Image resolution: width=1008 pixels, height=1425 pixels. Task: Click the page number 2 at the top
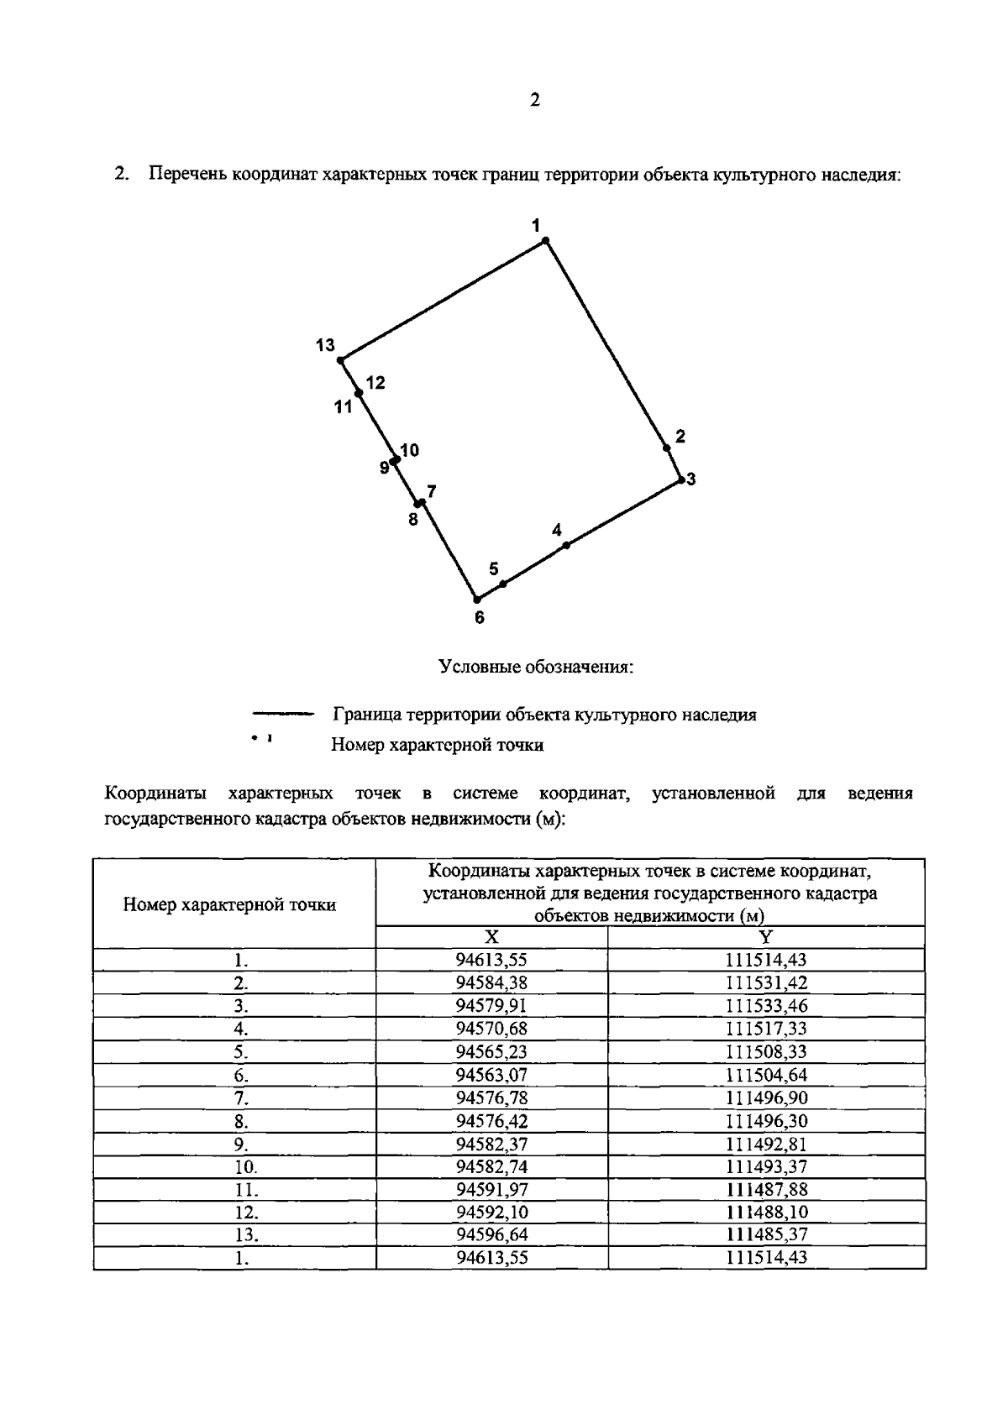point(535,101)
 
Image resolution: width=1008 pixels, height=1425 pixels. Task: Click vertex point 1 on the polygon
point(545,241)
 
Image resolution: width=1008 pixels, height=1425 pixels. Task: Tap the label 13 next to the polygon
point(325,345)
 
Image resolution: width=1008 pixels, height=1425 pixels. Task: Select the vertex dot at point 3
point(681,480)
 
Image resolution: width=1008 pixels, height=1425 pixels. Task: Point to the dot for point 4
point(566,545)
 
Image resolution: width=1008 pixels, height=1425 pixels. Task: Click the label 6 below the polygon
point(479,618)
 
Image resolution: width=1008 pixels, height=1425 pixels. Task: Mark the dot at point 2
point(666,448)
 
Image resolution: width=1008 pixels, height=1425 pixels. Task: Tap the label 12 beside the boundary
point(375,383)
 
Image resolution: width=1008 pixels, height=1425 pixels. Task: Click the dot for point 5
point(502,583)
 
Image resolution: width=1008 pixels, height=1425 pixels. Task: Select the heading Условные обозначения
point(535,668)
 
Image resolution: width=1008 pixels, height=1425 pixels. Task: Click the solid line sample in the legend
point(282,715)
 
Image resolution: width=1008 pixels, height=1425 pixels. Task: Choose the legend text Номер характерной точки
point(437,745)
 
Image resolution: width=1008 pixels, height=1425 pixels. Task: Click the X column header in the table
point(491,937)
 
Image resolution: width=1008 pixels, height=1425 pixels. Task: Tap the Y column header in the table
point(766,937)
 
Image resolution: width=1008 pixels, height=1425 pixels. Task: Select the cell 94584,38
point(491,983)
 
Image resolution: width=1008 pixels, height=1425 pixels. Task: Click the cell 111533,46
point(766,1006)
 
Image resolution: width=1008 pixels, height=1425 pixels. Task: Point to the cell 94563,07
point(491,1075)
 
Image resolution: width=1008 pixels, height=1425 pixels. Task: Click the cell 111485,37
point(766,1235)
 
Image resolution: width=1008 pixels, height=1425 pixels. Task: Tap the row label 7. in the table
point(241,1098)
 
